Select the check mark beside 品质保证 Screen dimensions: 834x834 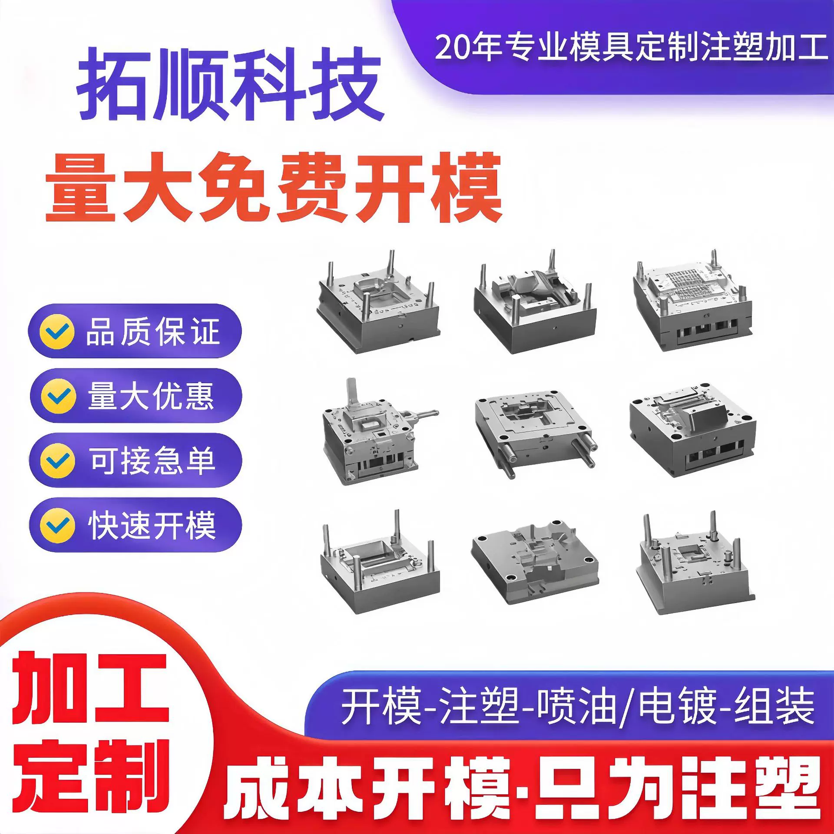pyautogui.click(x=56, y=331)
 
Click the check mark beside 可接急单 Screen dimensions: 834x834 pyautogui.click(x=57, y=460)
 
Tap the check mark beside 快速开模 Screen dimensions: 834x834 pyautogui.click(x=57, y=525)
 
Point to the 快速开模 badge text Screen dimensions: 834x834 pyautogui.click(x=152, y=525)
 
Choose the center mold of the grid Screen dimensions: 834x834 pyautogui.click(x=535, y=430)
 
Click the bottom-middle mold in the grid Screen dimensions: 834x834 pyautogui.click(x=535, y=563)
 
